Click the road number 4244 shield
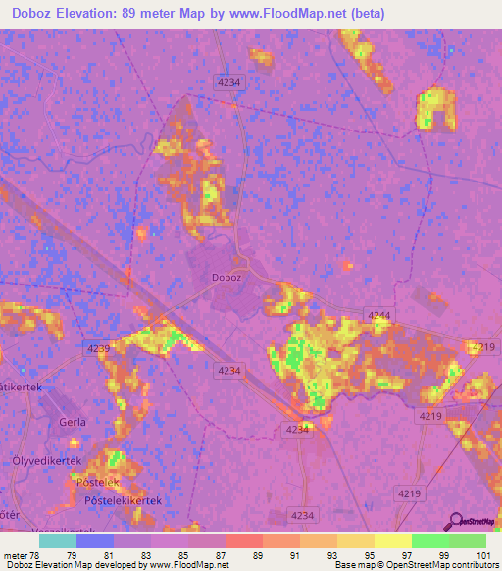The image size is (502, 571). tap(378, 314)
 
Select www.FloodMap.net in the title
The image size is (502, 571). tap(297, 14)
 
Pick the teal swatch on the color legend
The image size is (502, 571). tap(58, 541)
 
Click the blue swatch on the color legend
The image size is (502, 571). tap(95, 541)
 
